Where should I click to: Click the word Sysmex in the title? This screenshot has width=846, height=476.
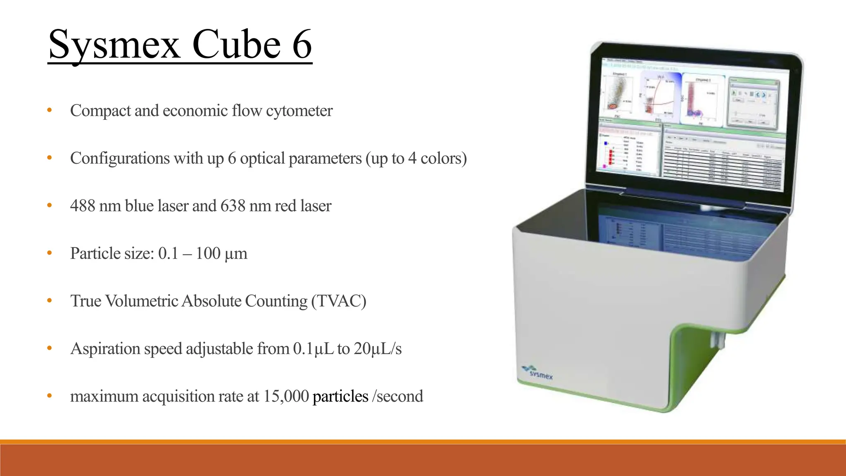(x=114, y=45)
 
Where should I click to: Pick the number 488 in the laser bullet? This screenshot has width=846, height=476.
(x=82, y=206)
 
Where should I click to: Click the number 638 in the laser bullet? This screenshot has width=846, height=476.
(x=233, y=206)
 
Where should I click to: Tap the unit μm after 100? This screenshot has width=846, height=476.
(x=236, y=254)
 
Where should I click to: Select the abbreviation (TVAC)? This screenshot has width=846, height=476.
(x=339, y=301)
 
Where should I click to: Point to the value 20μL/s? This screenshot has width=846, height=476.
(x=378, y=349)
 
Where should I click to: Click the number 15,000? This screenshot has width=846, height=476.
(x=286, y=396)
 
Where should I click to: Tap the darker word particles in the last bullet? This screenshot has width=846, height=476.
(x=340, y=396)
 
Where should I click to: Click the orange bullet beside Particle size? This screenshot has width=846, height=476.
(x=50, y=253)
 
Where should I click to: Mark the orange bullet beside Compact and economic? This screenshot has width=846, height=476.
(x=50, y=110)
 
